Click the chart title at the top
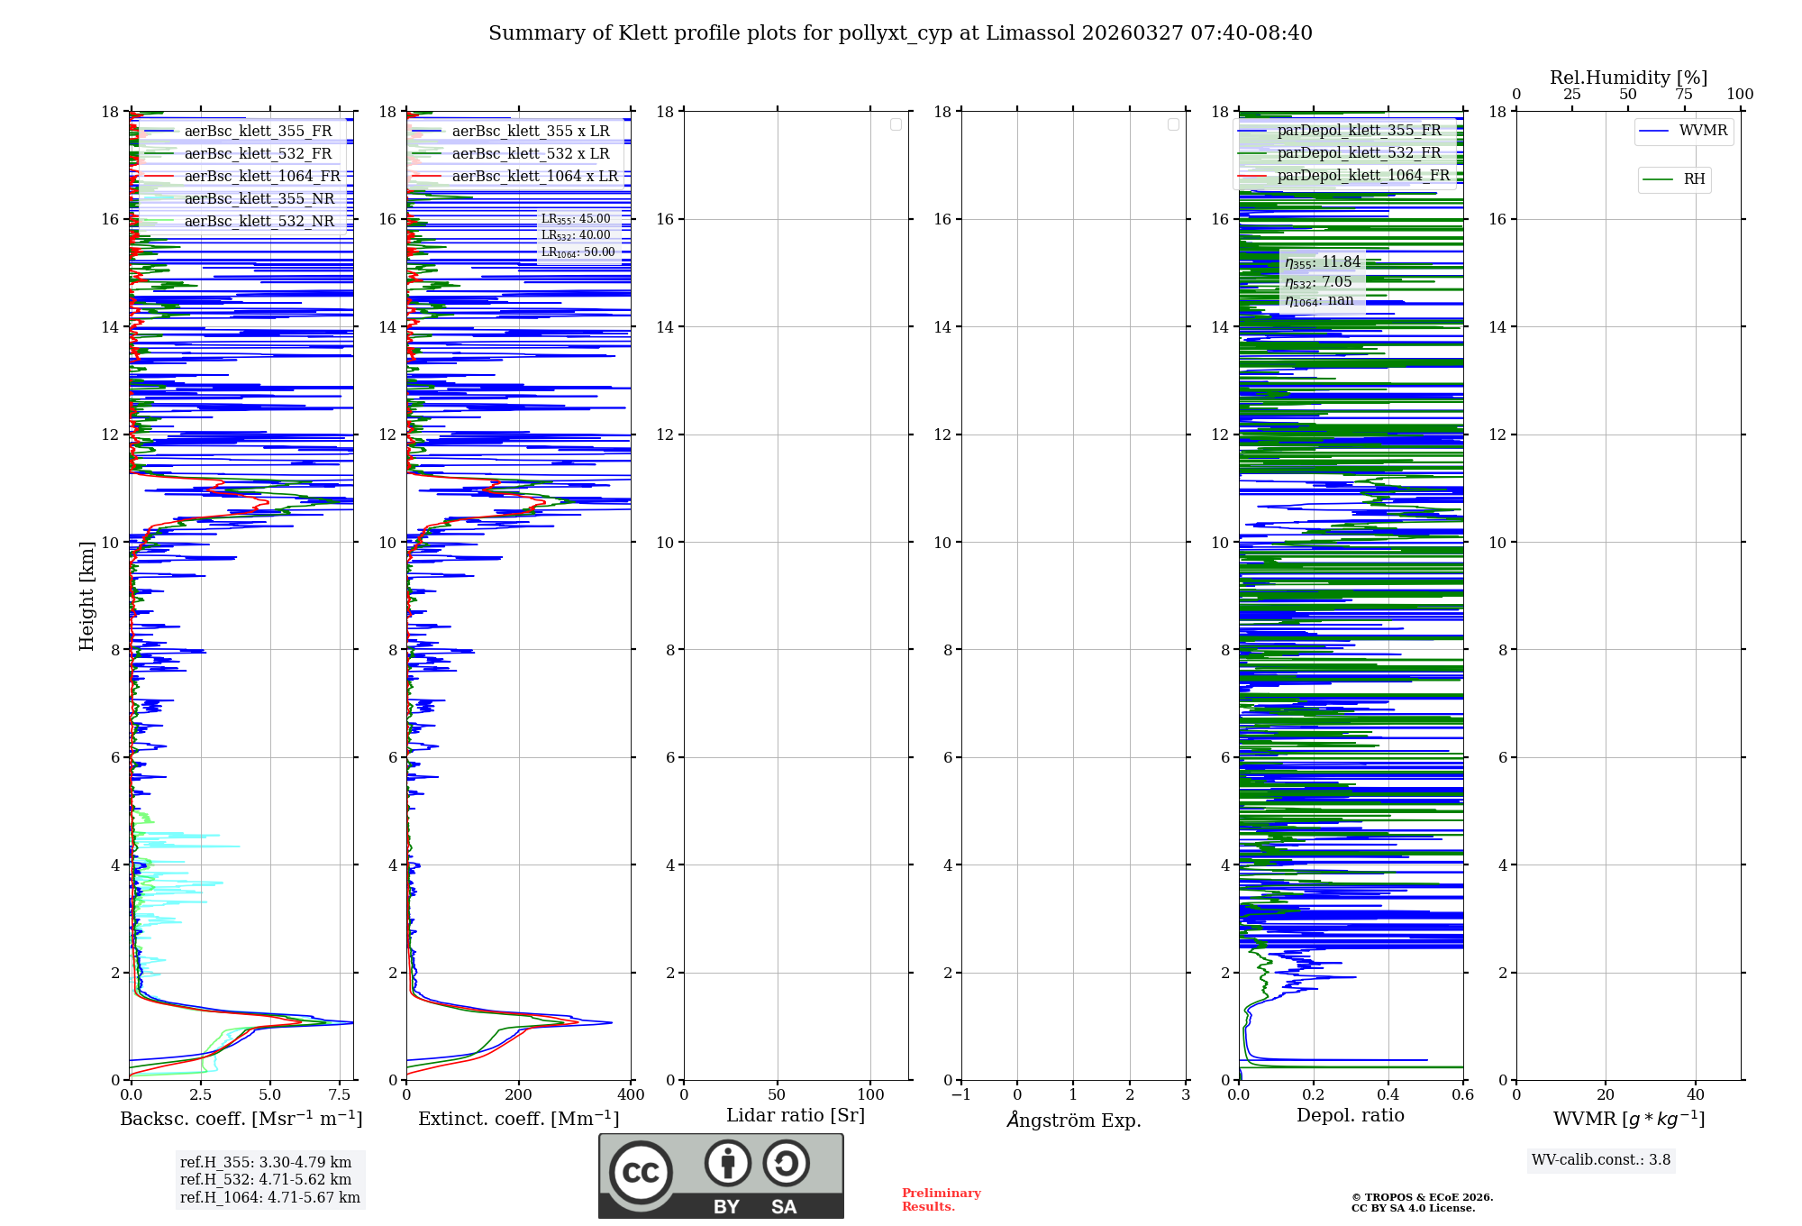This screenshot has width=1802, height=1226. [x=900, y=33]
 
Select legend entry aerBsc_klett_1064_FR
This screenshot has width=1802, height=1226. [x=261, y=177]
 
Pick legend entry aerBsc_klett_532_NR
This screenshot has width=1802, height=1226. [x=259, y=222]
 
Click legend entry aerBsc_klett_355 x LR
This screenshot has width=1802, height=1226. [x=530, y=132]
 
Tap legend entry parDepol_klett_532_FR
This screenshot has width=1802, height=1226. [x=1359, y=153]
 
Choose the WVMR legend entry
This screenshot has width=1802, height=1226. [x=1702, y=131]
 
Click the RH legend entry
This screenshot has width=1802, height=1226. [x=1693, y=179]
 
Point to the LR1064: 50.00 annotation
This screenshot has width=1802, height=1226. [x=578, y=252]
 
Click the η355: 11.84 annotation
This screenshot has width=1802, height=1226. [x=1322, y=262]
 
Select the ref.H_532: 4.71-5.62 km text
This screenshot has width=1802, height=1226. [x=266, y=1179]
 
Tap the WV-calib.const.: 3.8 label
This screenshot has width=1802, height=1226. [x=1600, y=1160]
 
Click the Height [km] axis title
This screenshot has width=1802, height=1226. [x=86, y=595]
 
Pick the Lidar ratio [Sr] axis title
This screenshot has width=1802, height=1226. [x=795, y=1116]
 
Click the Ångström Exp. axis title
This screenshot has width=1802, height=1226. [x=1073, y=1120]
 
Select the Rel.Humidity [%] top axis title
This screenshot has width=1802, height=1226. [x=1628, y=78]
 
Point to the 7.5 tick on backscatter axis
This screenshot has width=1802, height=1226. [x=340, y=1095]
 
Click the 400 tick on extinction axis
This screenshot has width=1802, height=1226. [x=631, y=1095]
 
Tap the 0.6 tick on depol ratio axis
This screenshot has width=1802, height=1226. [x=1462, y=1095]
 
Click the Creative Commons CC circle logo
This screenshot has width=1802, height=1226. [x=641, y=1173]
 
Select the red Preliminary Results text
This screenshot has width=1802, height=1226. [x=941, y=1200]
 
